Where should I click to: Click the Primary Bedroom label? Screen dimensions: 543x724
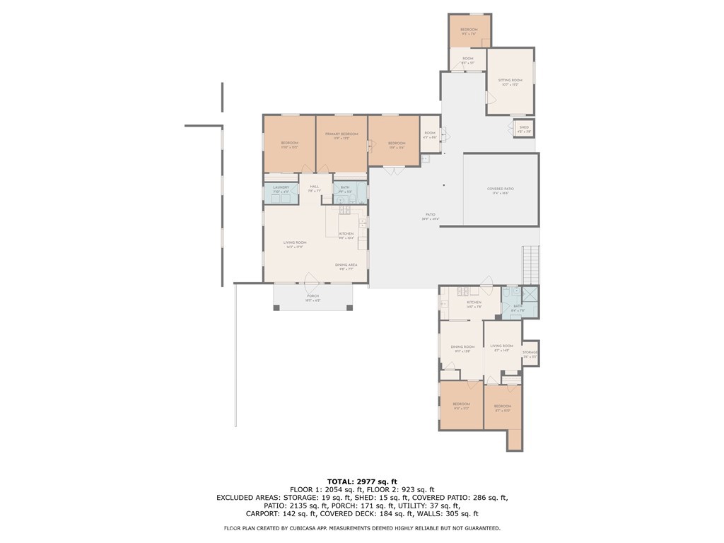[341, 134]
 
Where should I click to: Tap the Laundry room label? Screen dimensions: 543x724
[281, 187]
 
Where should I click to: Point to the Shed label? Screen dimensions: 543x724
[524, 127]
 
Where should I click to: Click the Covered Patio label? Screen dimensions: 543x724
[501, 189]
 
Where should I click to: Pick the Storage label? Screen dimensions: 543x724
[530, 352]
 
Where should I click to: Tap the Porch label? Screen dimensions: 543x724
[313, 296]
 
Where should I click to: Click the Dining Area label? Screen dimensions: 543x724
[346, 264]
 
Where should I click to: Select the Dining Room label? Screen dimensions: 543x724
[462, 346]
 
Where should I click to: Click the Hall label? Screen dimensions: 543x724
[315, 187]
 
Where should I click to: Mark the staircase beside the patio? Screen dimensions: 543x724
[530, 264]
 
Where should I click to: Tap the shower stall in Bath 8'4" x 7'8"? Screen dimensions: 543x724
[530, 295]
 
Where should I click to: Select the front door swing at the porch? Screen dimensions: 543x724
[312, 278]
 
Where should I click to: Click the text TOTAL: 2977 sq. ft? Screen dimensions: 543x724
[361, 481]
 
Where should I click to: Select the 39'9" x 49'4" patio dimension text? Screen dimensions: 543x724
[431, 219]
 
